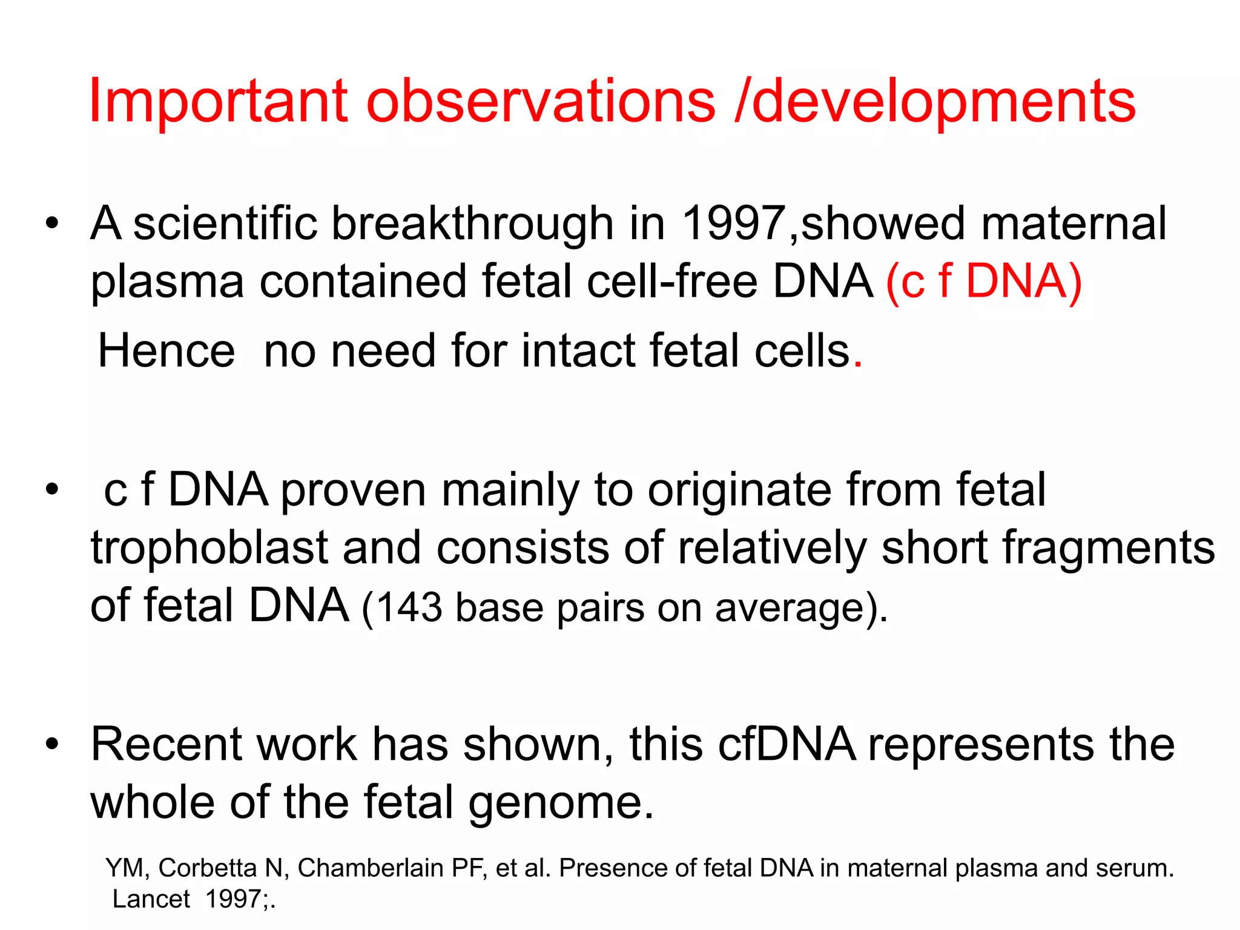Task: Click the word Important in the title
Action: pos(219,101)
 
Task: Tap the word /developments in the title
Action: pos(935,101)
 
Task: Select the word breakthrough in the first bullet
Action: pos(472,223)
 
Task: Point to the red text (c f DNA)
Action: pos(983,282)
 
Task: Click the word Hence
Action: pos(167,351)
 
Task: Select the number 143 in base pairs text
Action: pos(409,607)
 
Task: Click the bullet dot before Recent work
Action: pos(53,744)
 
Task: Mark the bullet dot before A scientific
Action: pos(53,223)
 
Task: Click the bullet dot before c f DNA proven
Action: pos(53,489)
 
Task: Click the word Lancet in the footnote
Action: pos(151,899)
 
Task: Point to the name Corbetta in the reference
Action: pos(208,868)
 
